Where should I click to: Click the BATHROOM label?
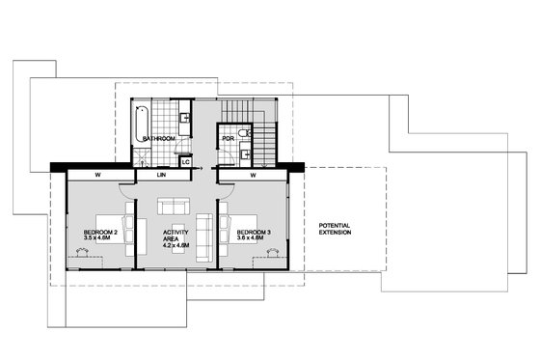pyautogui.click(x=159, y=139)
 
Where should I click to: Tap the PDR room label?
pyautogui.click(x=228, y=139)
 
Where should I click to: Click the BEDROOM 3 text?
pyautogui.click(x=253, y=233)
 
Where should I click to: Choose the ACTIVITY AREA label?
pyautogui.click(x=176, y=236)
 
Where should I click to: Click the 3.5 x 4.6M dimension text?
pyautogui.click(x=99, y=239)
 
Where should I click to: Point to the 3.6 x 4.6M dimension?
pyautogui.click(x=254, y=239)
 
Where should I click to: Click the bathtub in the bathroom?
pyautogui.click(x=141, y=122)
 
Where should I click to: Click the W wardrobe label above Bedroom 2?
pyautogui.click(x=98, y=176)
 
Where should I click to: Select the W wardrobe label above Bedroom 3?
pyautogui.click(x=252, y=176)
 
